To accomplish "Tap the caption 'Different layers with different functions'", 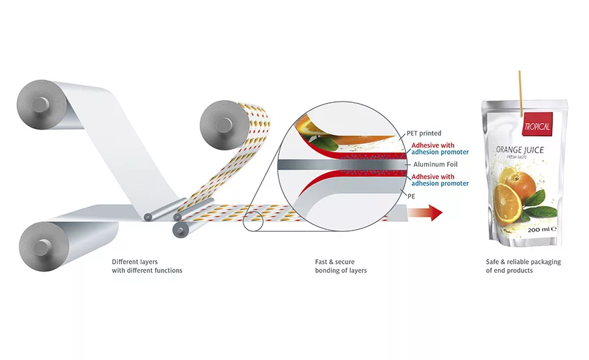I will click(147, 266).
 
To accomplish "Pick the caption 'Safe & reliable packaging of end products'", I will click(523, 266).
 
